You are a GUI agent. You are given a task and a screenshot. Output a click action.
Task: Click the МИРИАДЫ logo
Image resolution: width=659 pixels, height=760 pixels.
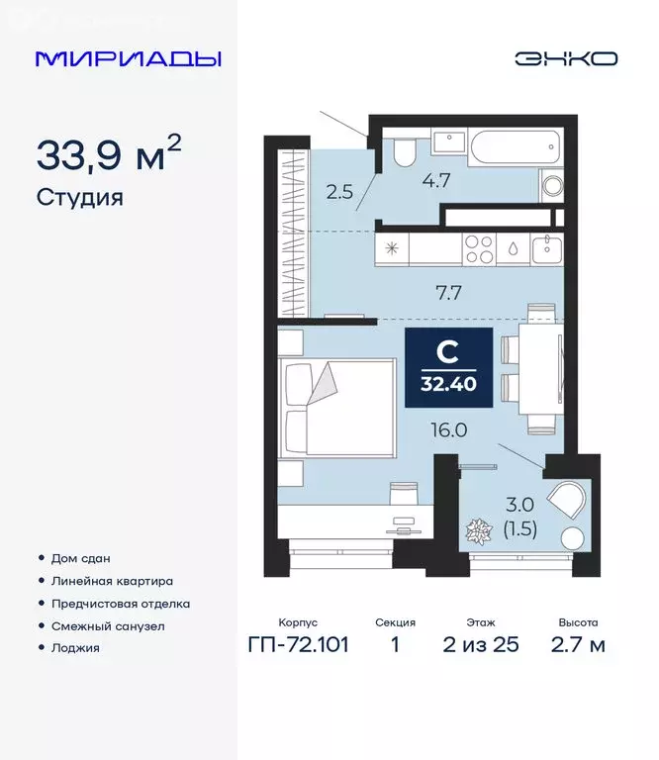pos(129,58)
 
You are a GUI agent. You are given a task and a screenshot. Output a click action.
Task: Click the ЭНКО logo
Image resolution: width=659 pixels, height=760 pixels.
pos(566,58)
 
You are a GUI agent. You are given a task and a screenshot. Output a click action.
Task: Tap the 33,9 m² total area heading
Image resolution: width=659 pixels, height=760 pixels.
pos(109,154)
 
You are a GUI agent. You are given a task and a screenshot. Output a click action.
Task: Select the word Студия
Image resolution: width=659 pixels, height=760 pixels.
pos(80,197)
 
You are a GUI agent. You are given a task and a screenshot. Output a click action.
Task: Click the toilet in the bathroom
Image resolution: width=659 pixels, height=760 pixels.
pos(403,151)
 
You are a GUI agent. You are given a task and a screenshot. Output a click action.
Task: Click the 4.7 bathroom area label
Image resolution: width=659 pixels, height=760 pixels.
pos(437,180)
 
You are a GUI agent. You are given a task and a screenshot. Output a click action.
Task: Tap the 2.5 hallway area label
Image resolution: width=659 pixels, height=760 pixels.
pos(339,192)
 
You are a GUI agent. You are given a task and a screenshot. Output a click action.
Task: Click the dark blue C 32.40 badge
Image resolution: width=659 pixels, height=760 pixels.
pos(447,364)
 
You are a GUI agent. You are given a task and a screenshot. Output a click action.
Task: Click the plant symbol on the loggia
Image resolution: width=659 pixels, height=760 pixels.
pos(480,531)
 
